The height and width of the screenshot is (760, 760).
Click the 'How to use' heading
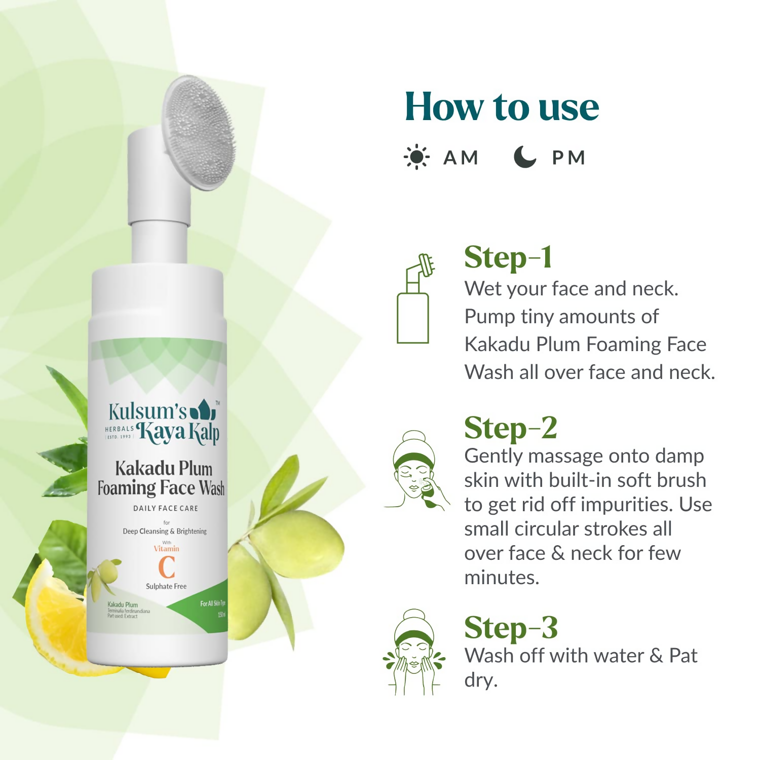(502, 107)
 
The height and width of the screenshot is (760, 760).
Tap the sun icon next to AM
(416, 157)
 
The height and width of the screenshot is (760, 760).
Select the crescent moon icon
(524, 157)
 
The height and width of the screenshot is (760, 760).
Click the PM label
(568, 158)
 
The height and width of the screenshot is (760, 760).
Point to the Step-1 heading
(508, 257)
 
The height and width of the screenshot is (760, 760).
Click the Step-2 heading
(511, 428)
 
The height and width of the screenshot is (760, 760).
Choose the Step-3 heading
(511, 628)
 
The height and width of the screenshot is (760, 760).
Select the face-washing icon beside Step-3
(414, 652)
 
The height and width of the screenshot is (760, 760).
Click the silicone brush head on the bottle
(199, 133)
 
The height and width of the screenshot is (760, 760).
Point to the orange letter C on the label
(167, 567)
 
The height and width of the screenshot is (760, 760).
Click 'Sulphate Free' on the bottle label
(166, 586)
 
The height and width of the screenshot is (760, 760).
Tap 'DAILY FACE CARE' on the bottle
(166, 508)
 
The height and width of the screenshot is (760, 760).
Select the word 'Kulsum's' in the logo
(147, 411)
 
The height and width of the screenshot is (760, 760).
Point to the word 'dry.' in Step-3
(481, 680)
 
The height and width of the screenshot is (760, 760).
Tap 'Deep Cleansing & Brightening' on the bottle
(165, 531)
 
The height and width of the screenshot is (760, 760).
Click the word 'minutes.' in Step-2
(502, 578)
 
